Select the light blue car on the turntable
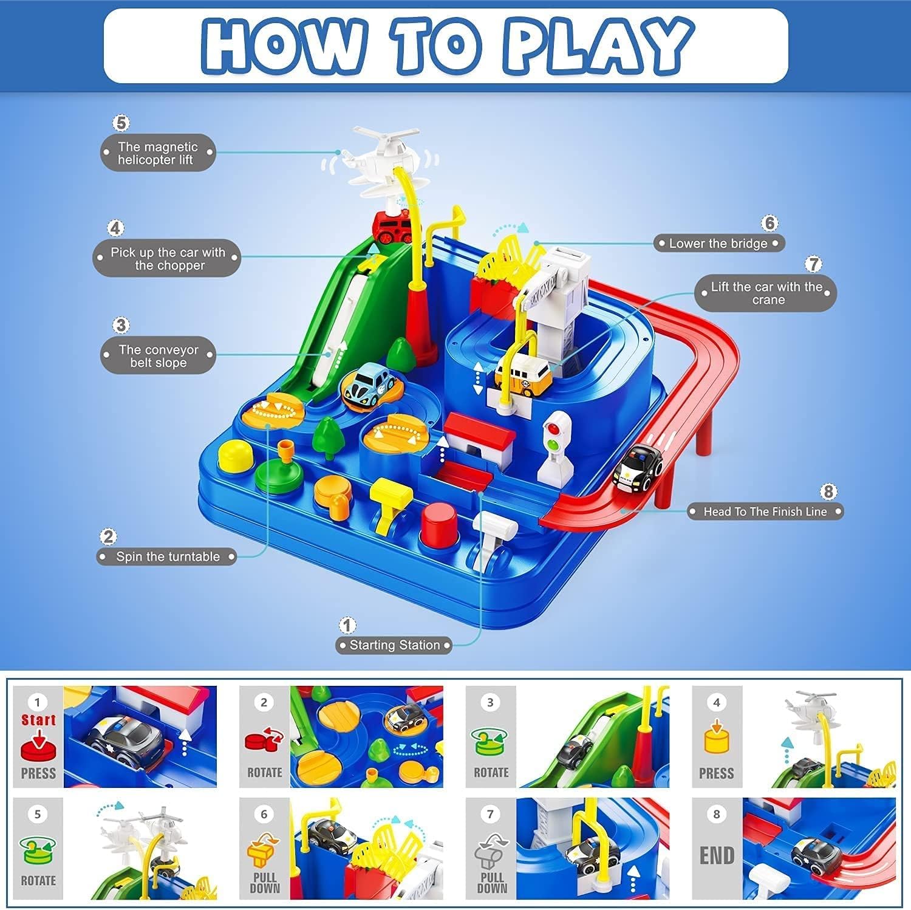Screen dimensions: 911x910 coord(370,386)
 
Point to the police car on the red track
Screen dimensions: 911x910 coord(638,467)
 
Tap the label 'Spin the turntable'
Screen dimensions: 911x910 coord(167,556)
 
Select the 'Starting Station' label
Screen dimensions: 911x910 coord(394,645)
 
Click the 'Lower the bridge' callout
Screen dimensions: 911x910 coord(718,244)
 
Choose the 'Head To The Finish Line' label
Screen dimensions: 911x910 coord(765,511)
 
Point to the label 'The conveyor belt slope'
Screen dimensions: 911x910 coord(158,356)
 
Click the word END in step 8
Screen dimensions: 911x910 coord(717,855)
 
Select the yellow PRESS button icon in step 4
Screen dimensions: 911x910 coord(717,739)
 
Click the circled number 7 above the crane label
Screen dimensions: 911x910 coord(813,264)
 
